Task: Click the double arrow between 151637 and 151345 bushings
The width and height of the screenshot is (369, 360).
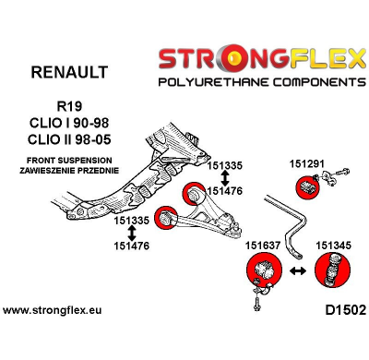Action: pyautogui.click(x=297, y=274)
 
